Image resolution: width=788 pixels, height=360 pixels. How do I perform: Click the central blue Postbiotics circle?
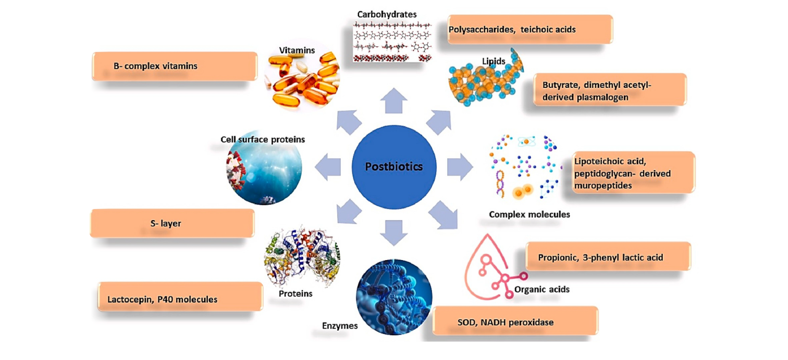pos(393,167)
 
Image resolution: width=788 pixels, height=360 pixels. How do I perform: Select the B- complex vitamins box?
pos(175,66)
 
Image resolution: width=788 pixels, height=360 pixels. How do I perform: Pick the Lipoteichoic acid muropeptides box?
pos(633,172)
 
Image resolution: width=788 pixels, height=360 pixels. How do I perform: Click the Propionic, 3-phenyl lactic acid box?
pos(608,256)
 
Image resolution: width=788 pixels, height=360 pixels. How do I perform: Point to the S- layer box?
pos(172,224)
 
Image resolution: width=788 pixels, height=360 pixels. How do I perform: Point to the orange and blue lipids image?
pos(487,78)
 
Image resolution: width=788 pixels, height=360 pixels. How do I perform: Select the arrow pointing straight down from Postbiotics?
pos(393,233)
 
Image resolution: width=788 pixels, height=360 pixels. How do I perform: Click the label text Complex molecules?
pos(530,214)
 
